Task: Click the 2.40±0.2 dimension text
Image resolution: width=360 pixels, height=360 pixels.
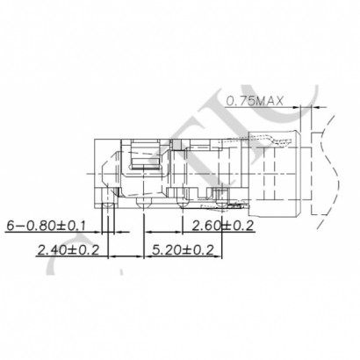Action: click(67, 249)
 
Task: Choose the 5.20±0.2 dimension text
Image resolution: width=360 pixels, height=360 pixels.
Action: click(183, 249)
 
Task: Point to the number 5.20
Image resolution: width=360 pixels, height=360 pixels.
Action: click(166, 249)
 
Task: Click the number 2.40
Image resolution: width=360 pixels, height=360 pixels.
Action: click(50, 249)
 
